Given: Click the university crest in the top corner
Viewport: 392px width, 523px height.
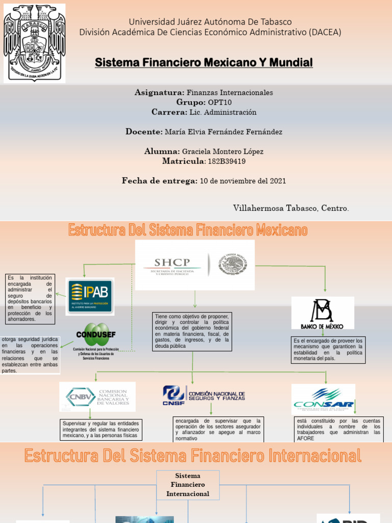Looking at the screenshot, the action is click(x=35, y=43).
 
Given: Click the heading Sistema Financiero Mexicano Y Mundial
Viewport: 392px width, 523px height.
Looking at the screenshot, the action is click(x=204, y=63).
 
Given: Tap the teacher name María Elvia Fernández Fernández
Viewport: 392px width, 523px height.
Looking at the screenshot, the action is click(x=224, y=132).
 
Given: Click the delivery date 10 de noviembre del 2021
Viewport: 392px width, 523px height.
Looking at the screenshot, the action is click(x=242, y=181).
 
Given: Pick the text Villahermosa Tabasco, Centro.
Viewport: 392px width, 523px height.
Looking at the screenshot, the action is click(x=291, y=208).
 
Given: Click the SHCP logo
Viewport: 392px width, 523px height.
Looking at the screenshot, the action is click(x=173, y=266).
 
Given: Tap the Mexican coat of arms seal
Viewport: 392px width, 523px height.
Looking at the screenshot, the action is click(x=233, y=265).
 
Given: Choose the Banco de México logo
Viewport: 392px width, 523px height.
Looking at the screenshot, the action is click(x=323, y=313).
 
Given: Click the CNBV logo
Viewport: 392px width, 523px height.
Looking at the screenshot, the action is click(x=97, y=397).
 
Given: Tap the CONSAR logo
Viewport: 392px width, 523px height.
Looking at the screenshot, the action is click(x=323, y=399).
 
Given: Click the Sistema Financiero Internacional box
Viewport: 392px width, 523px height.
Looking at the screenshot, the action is click(x=188, y=485).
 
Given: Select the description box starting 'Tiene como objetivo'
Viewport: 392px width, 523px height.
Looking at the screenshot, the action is click(x=192, y=331).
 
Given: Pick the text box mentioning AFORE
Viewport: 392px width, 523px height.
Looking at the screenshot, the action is click(x=338, y=430).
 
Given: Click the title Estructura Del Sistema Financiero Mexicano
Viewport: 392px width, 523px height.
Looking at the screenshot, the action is click(x=188, y=230).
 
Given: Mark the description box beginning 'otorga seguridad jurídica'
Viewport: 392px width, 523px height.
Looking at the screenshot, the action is click(x=30, y=355).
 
